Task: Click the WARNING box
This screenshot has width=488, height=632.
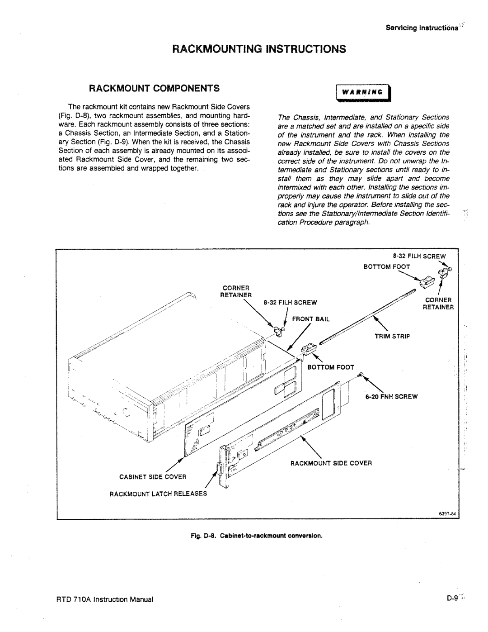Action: point(363,93)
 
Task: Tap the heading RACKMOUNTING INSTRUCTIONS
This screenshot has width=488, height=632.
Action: point(259,49)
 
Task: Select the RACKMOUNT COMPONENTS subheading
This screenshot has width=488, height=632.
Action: point(154,88)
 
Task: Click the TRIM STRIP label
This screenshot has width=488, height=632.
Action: point(392,337)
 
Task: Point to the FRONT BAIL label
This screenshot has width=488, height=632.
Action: point(311,319)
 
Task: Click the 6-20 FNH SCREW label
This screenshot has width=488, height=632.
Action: point(391,397)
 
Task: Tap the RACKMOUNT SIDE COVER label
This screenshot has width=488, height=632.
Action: point(331,463)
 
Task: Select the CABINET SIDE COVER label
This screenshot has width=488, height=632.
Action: point(153,477)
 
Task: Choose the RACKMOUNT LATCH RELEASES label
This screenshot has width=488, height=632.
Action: point(158,494)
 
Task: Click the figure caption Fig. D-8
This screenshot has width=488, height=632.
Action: point(257,536)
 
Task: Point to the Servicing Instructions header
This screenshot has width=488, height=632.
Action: point(422,28)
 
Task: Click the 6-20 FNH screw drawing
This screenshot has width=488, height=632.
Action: point(361,375)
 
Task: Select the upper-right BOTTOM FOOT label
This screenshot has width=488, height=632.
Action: point(387,267)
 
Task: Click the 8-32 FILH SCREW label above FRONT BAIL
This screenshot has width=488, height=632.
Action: point(290,303)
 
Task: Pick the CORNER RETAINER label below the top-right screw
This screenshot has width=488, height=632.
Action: point(438,304)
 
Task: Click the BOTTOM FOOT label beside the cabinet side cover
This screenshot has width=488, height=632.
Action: point(331,367)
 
